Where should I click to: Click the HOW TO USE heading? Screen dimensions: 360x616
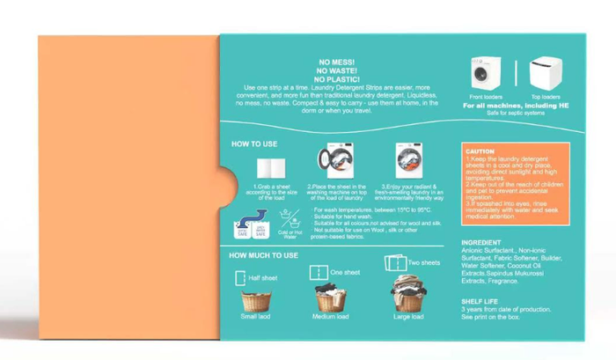pyautogui.click(x=256, y=143)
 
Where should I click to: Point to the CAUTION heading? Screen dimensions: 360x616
pyautogui.click(x=480, y=151)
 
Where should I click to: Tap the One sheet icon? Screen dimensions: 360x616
pyautogui.click(x=318, y=273)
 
